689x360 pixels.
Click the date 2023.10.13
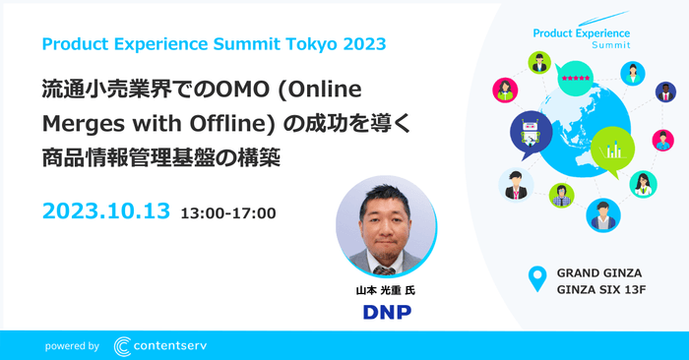coord(106,211)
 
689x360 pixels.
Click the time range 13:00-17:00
coord(227,212)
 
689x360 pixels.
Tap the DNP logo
coord(386,312)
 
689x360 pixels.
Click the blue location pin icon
coord(536,278)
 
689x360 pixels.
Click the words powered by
coord(72,346)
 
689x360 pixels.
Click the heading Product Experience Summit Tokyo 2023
coord(215,44)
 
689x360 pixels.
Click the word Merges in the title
coord(75,123)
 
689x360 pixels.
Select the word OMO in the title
coord(225,90)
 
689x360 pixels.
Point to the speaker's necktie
coord(386,264)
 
